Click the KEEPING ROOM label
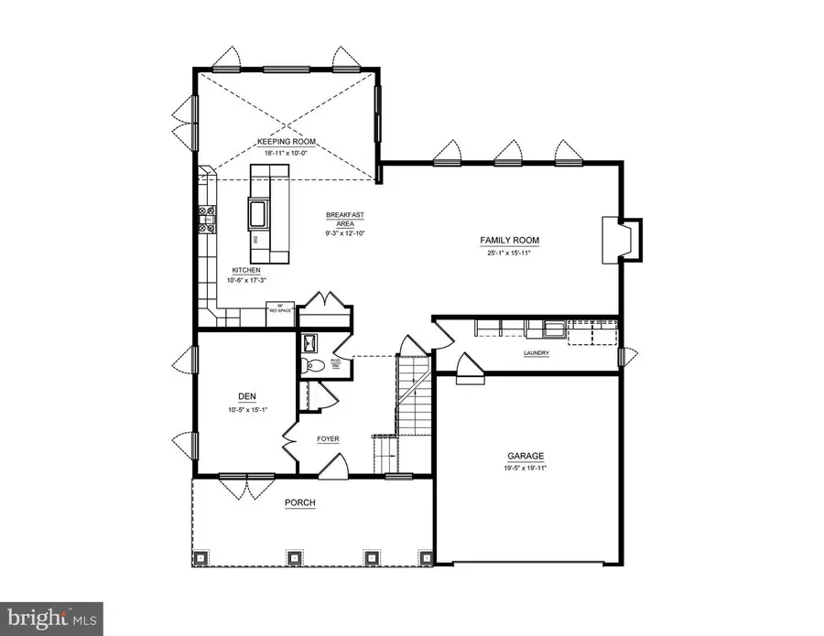(x=286, y=142)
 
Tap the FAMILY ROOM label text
(x=510, y=241)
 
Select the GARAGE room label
(x=526, y=455)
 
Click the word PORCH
(x=299, y=502)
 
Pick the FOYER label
(x=328, y=439)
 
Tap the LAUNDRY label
(x=536, y=354)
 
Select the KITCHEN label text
(x=246, y=270)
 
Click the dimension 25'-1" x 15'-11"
(x=510, y=253)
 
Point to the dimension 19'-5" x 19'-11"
(x=526, y=467)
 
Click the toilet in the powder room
(x=312, y=364)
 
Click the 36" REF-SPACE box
(x=277, y=308)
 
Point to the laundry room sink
(x=553, y=329)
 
